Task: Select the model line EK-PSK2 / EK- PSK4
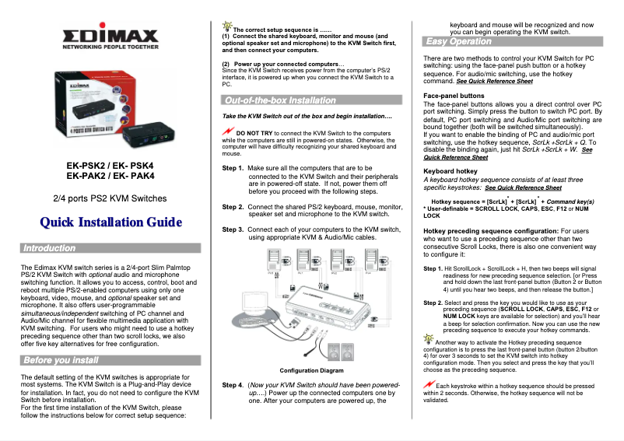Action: pyautogui.click(x=110, y=166)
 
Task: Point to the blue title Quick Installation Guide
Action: pyautogui.click(x=110, y=223)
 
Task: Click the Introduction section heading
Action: pyautogui.click(x=50, y=248)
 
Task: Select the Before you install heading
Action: pyautogui.click(x=61, y=360)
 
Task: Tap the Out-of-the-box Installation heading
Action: pyautogui.click(x=280, y=100)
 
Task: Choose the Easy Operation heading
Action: pyautogui.click(x=459, y=41)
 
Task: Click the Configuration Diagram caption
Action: pyautogui.click(x=311, y=370)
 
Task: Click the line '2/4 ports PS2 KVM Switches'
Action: pyautogui.click(x=110, y=199)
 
